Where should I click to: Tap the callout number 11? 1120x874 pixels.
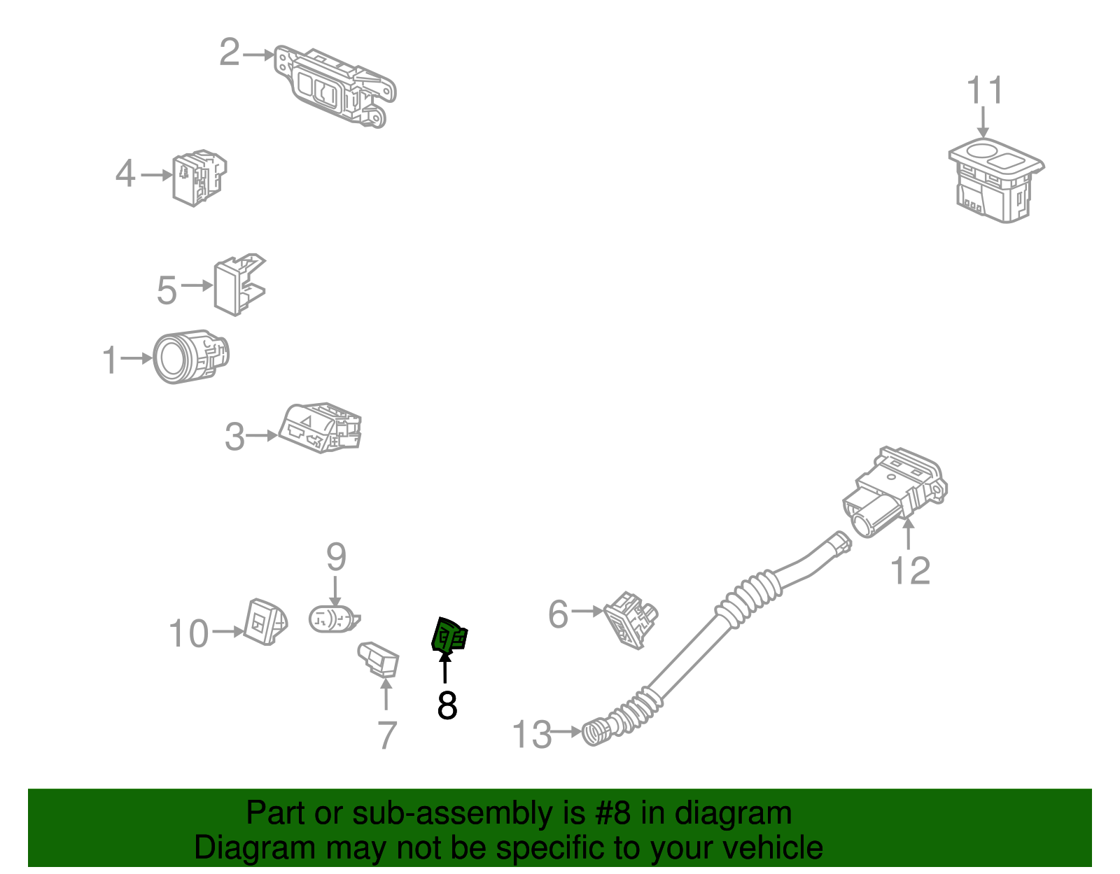[984, 90]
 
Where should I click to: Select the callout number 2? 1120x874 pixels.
[230, 52]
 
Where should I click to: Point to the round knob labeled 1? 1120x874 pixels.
[190, 357]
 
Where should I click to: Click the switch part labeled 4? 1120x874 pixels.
[199, 178]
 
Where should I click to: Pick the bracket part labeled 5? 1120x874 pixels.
[239, 285]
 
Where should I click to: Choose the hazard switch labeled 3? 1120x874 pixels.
[320, 428]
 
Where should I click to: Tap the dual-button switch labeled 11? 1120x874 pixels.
[996, 181]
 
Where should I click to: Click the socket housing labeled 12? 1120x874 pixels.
[895, 492]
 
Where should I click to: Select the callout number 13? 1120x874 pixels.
[531, 735]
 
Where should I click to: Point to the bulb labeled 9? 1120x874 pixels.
[334, 619]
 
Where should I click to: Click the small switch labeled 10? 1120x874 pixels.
[265, 622]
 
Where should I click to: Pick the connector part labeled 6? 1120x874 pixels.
[631, 620]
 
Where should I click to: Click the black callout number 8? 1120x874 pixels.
[447, 705]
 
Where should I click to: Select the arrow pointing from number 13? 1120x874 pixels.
[566, 731]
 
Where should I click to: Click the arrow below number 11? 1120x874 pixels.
[983, 122]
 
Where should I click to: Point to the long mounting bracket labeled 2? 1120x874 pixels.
[335, 86]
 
